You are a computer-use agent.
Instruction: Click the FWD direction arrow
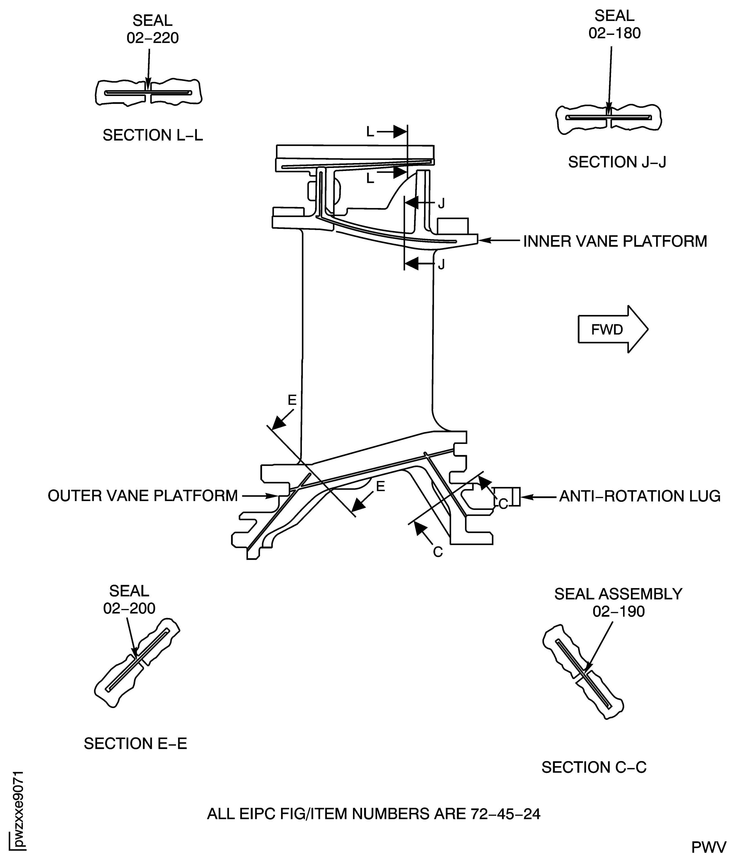tap(612, 330)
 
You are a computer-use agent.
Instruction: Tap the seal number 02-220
tap(153, 38)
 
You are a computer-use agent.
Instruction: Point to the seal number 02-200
tap(129, 608)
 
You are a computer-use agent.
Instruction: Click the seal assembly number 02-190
tap(618, 611)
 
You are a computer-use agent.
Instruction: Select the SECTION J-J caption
tap(617, 162)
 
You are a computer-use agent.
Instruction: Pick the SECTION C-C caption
tap(594, 767)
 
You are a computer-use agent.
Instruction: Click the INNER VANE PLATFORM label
tap(615, 241)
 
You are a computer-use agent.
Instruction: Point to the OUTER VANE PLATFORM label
tap(143, 495)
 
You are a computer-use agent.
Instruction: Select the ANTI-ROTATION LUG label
tap(640, 496)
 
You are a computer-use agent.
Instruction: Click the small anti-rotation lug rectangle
tap(516, 496)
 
